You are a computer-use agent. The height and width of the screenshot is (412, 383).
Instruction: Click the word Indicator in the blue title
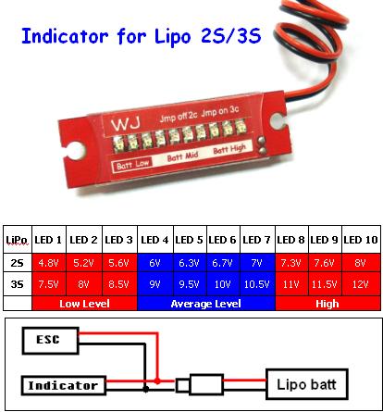pyautogui.click(x=65, y=36)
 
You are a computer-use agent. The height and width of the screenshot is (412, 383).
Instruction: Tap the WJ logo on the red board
pyautogui.click(x=126, y=123)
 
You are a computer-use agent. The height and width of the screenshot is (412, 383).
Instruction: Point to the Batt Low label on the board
pyautogui.click(x=133, y=165)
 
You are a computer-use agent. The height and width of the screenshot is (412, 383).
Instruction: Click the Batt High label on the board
pyautogui.click(x=229, y=149)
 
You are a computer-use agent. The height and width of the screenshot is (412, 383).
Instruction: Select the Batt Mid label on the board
pyautogui.click(x=182, y=156)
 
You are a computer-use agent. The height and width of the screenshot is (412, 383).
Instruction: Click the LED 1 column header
pyautogui.click(x=48, y=240)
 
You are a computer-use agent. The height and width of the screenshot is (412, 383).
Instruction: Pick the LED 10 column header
pyautogui.click(x=361, y=240)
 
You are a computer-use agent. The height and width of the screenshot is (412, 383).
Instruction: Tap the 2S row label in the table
pyautogui.click(x=17, y=263)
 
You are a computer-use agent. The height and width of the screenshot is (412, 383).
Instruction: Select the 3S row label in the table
pyautogui.click(x=17, y=283)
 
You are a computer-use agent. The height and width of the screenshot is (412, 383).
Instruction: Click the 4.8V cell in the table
pyautogui.click(x=48, y=263)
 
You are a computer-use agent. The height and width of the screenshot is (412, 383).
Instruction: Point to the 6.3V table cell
pyautogui.click(x=190, y=263)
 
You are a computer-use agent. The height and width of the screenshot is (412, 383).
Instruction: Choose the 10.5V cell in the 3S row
pyautogui.click(x=257, y=284)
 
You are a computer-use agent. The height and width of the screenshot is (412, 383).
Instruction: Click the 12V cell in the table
pyautogui.click(x=361, y=284)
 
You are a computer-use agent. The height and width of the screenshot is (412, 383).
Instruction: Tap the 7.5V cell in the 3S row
pyautogui.click(x=48, y=284)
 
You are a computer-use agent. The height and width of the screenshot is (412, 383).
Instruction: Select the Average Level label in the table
pyautogui.click(x=206, y=304)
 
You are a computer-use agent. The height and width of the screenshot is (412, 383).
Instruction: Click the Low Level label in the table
pyautogui.click(x=84, y=304)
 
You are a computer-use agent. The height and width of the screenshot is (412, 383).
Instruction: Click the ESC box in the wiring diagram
pyautogui.click(x=51, y=341)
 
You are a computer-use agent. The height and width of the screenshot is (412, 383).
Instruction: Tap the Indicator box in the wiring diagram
pyautogui.click(x=64, y=385)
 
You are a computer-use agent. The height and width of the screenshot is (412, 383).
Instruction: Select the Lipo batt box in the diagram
pyautogui.click(x=307, y=384)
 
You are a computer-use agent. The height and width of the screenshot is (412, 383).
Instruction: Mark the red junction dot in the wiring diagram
pyautogui.click(x=157, y=381)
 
